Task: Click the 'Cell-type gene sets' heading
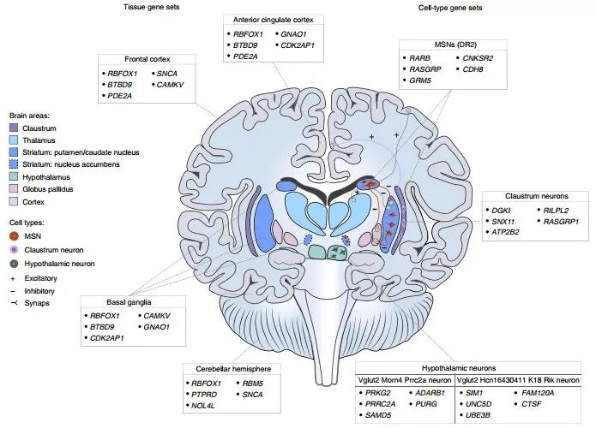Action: pos(449,7)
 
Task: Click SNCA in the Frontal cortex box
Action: pos(166,74)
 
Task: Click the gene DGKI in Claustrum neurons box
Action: pos(502,210)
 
